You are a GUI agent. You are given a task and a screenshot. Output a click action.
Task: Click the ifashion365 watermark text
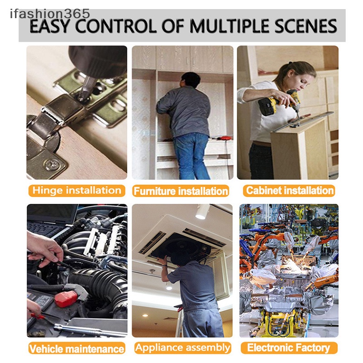pos(50,14)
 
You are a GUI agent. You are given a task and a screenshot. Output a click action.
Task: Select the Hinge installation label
pos(77,191)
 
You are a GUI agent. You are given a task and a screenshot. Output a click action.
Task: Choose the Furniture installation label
pos(181,191)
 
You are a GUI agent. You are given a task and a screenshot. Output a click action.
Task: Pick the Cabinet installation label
pos(289,191)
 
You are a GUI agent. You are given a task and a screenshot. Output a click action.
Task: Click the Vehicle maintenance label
pos(77,348)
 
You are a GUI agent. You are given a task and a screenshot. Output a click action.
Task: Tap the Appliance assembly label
pos(183,348)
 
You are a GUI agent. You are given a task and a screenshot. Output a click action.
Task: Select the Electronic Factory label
pos(289,348)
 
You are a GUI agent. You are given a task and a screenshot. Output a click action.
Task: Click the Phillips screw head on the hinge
pos(52,165)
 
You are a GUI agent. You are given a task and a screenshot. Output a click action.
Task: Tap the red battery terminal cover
pos(66,299)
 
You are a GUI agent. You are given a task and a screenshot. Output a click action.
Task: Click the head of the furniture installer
pos(191,80)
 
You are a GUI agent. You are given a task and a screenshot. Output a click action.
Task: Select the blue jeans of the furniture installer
pos(191,156)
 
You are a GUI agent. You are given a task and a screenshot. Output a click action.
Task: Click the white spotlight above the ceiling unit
pos(202,212)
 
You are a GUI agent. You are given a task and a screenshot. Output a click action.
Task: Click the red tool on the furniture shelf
pos(224,138)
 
